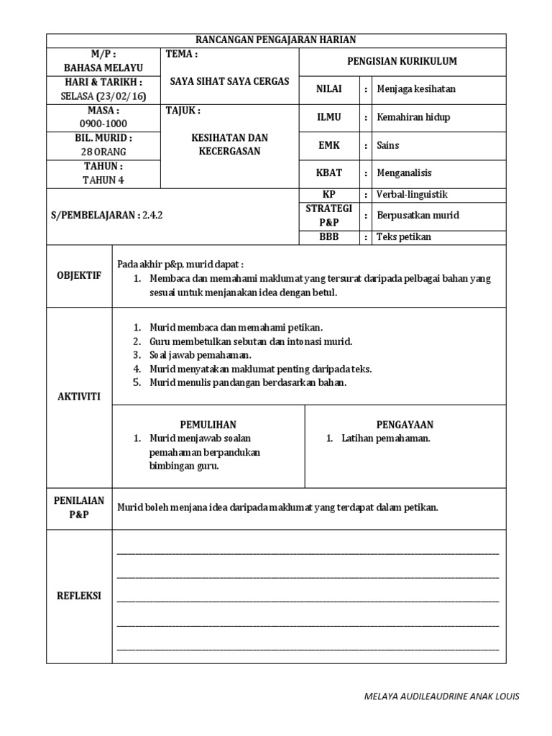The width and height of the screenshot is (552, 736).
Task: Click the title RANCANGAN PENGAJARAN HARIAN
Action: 276,40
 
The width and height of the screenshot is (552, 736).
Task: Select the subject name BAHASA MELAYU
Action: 103,68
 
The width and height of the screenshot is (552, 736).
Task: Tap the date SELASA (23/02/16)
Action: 103,96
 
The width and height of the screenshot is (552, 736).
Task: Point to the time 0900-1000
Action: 103,124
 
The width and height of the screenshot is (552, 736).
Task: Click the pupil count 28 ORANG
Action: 103,152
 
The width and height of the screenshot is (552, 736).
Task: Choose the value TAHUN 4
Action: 103,180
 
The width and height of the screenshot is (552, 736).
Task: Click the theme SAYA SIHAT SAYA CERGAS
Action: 229,81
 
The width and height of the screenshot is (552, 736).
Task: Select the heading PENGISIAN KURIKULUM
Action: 402,62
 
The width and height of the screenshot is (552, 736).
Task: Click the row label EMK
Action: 328,145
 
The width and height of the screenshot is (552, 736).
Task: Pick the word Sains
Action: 387,145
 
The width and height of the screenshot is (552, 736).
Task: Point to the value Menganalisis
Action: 405,173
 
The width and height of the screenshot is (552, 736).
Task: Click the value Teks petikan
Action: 404,236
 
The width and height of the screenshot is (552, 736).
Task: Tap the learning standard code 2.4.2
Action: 152,215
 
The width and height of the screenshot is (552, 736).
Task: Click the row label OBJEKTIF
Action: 79,275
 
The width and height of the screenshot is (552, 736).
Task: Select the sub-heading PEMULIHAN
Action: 208,425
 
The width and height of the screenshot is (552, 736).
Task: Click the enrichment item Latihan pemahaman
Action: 386,438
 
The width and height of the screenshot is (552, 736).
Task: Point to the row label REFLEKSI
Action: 79,596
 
